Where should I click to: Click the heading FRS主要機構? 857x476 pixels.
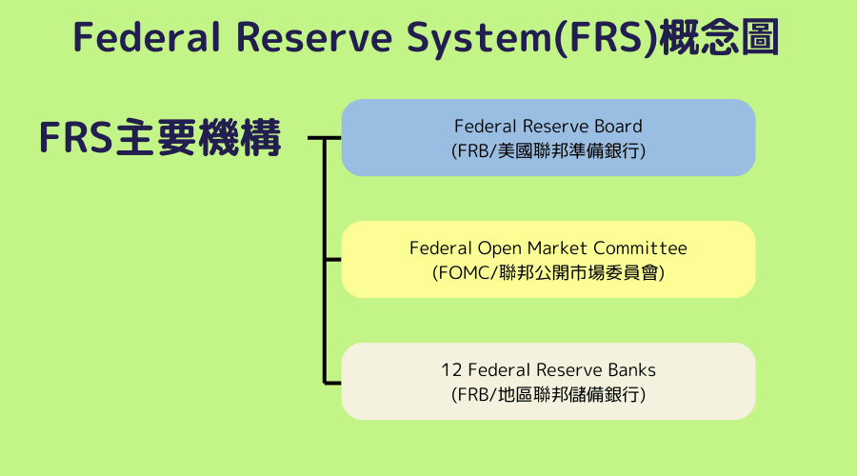click(160, 138)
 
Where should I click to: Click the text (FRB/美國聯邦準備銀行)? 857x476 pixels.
click(548, 150)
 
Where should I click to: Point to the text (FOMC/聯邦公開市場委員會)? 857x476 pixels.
click(548, 272)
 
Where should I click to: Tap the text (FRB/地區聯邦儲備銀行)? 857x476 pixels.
click(548, 394)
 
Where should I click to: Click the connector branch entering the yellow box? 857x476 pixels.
click(333, 259)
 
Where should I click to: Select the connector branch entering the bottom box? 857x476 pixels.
click(333, 382)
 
